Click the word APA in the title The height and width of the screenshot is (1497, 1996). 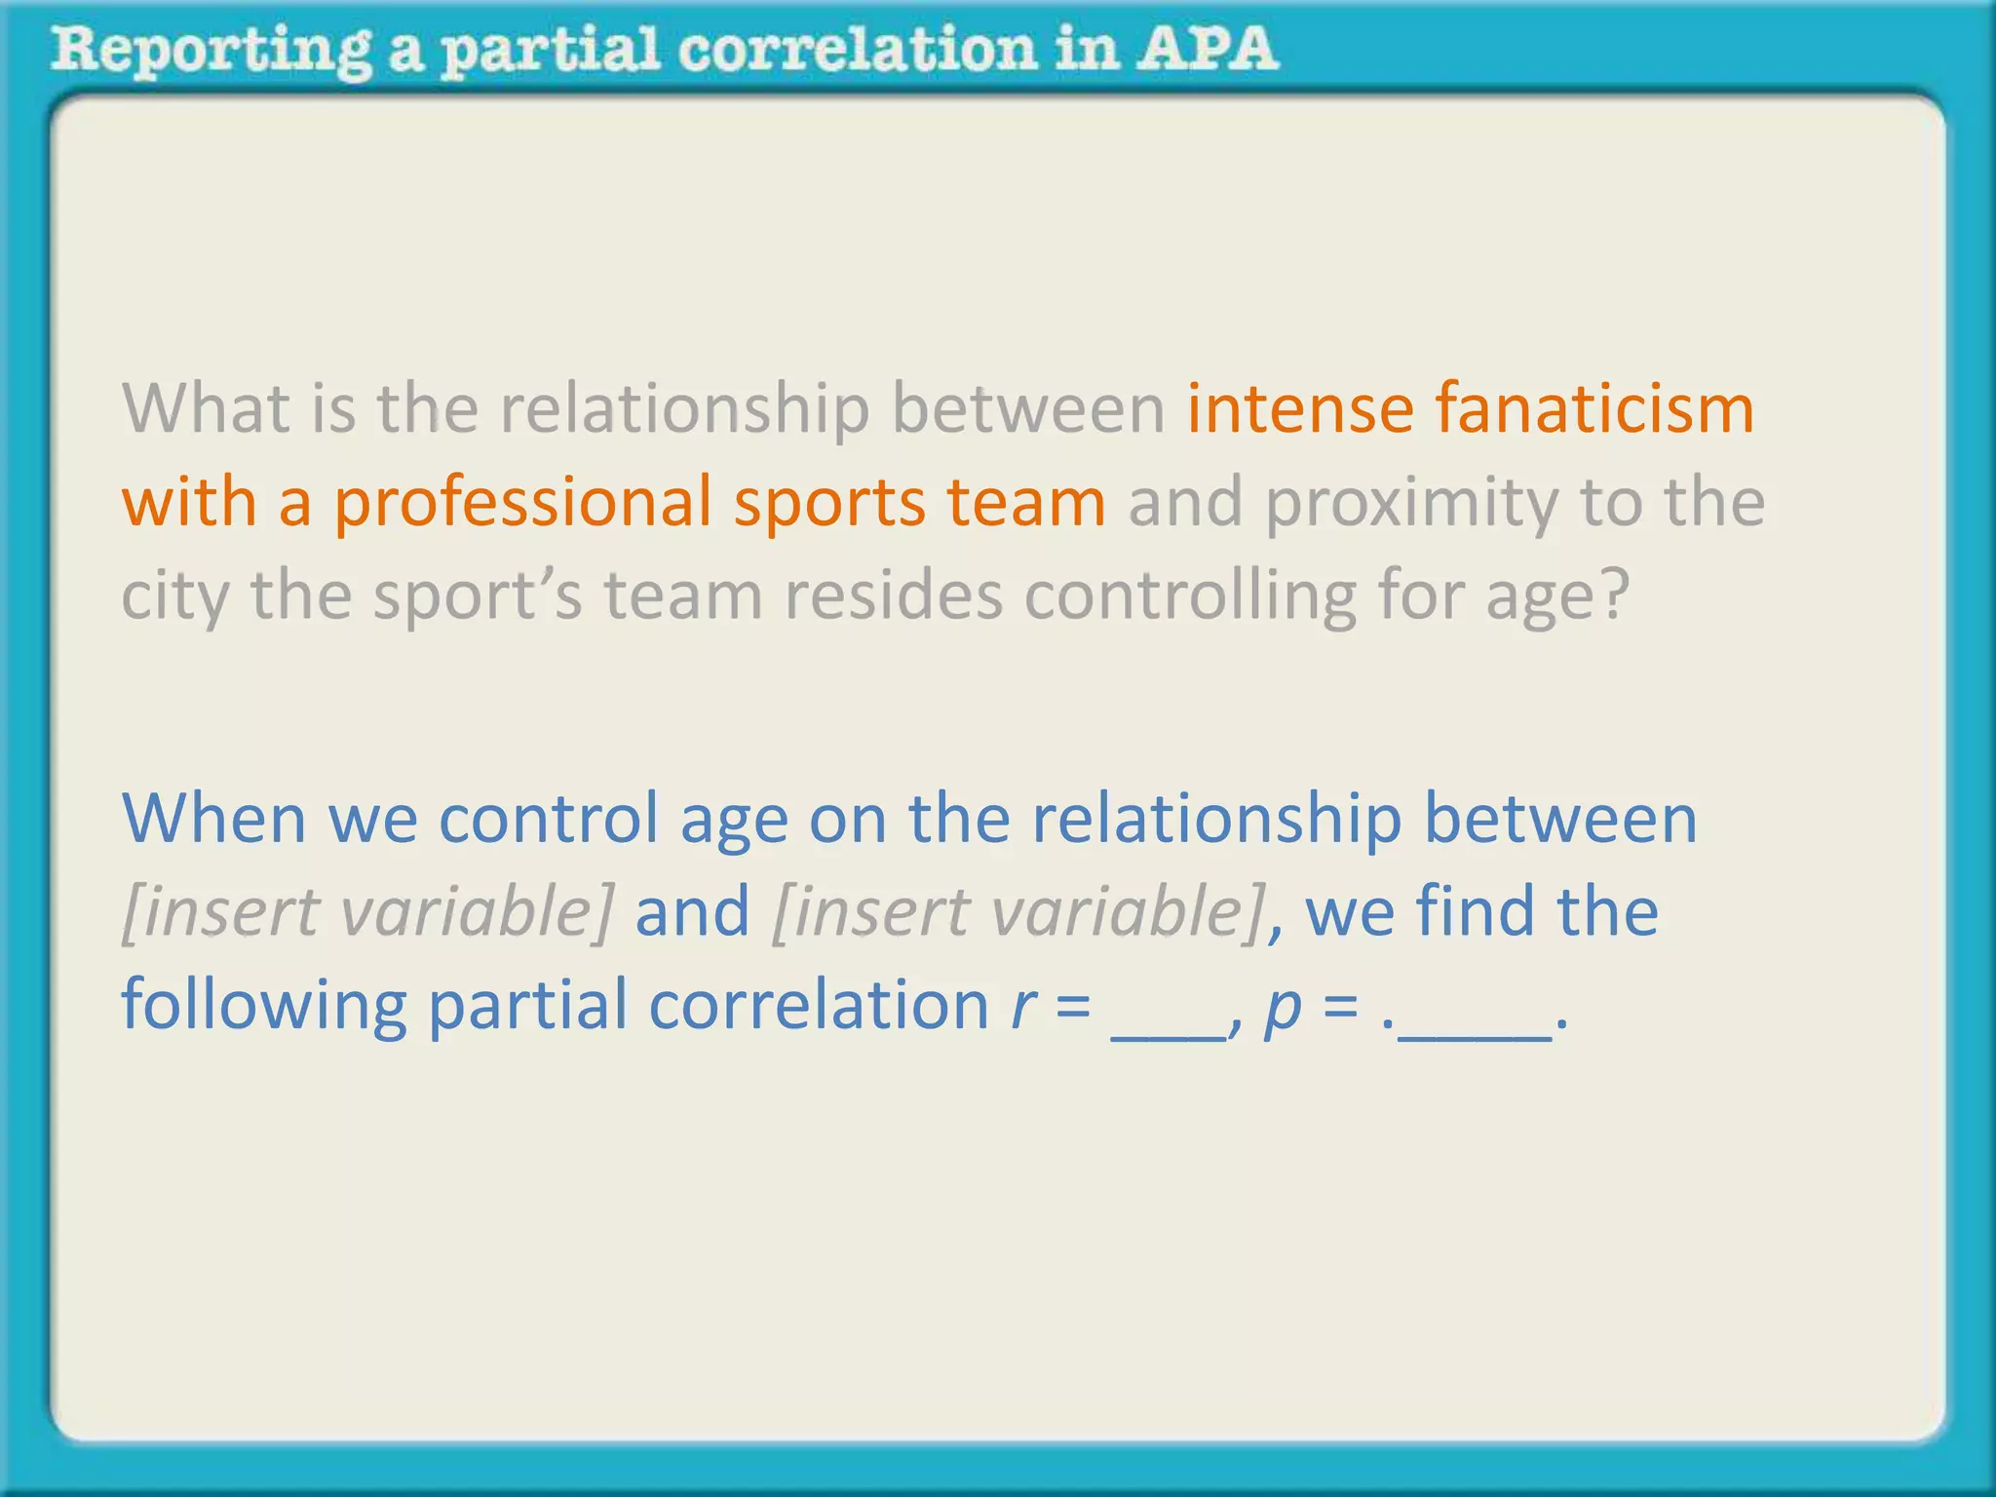1206,49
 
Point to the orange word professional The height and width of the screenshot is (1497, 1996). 522,503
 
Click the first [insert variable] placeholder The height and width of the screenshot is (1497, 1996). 367,912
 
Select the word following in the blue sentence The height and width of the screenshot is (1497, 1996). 263,1006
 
